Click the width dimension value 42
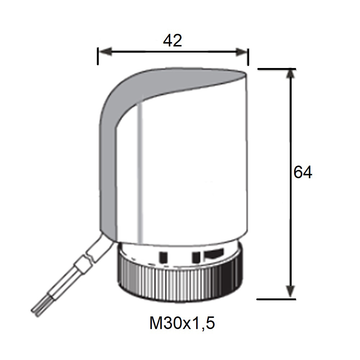[172, 41]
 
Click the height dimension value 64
[303, 172]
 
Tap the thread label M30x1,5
[182, 323]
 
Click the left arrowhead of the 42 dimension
[105, 51]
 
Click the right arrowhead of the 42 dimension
[241, 51]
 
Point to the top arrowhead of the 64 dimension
[291, 75]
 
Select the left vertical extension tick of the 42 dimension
[98, 56]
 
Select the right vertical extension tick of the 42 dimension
[248, 57]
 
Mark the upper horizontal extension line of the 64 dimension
[276, 69]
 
